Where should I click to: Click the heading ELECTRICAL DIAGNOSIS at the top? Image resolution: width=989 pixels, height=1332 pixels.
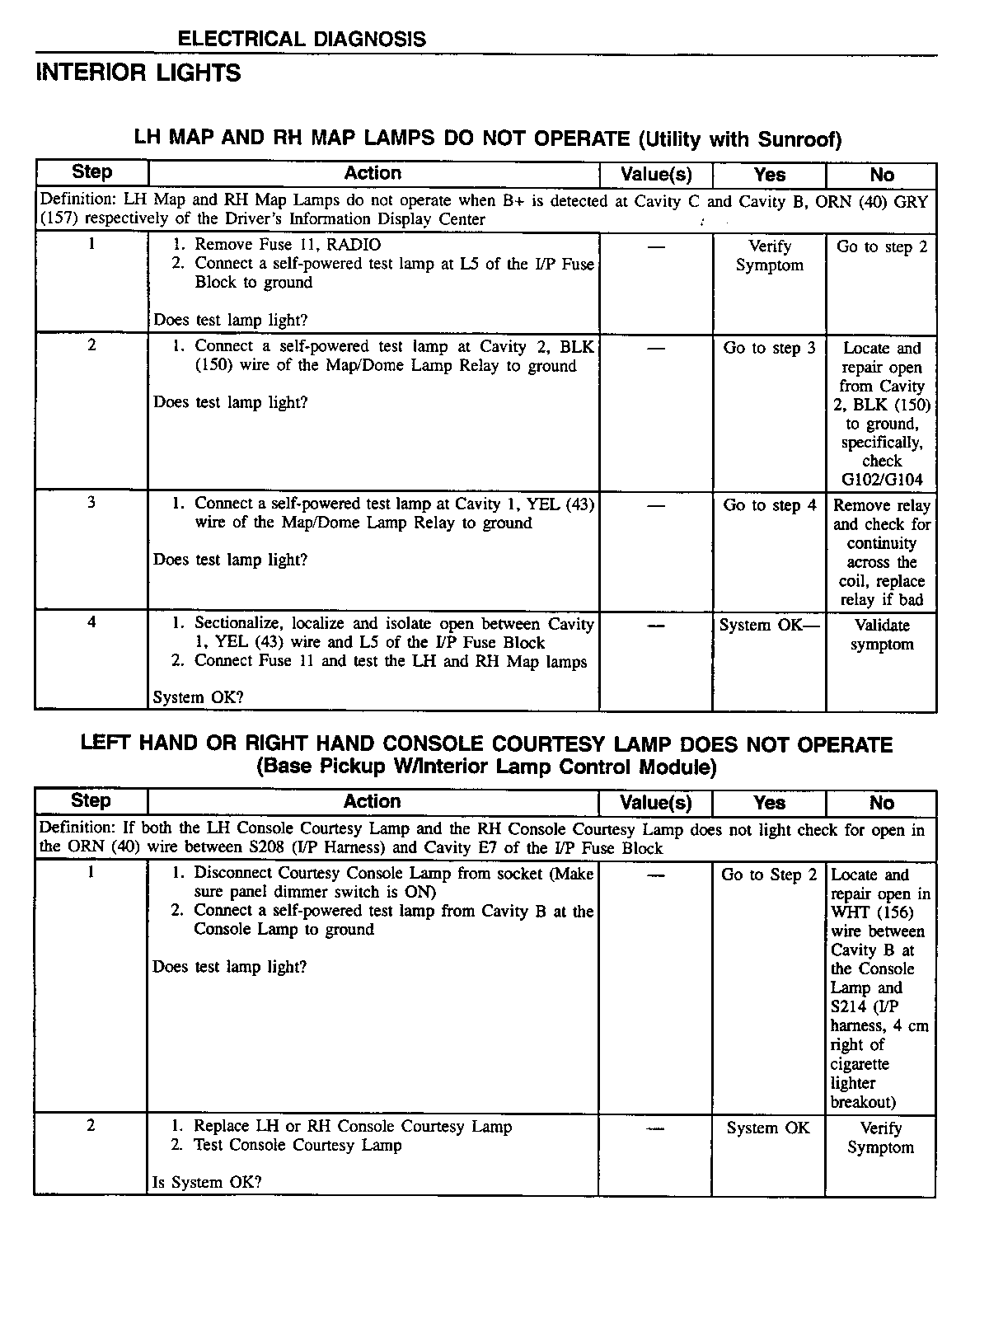point(302,39)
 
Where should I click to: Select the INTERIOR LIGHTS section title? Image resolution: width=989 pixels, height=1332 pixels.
point(138,73)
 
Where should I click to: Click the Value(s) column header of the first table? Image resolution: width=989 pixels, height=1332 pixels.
point(655,175)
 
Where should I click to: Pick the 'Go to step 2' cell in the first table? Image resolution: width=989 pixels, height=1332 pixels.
point(882,246)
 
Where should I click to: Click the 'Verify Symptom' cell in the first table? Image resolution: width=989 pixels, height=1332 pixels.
point(769,256)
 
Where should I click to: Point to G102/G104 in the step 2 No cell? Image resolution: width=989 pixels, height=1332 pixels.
point(882,480)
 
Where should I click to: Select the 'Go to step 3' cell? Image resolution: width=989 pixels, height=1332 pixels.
point(769,348)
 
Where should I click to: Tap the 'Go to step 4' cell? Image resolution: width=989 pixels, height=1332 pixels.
point(769,505)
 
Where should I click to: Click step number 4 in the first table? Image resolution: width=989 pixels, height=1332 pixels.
point(91,622)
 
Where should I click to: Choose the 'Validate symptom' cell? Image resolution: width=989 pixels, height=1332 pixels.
point(882,635)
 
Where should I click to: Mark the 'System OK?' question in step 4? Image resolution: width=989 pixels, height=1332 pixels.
point(198,697)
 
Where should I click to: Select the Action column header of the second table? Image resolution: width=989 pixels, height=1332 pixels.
point(373,802)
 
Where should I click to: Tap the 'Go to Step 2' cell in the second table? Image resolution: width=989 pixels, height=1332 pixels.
point(769,875)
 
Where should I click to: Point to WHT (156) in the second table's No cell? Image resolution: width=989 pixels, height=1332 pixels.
point(872,912)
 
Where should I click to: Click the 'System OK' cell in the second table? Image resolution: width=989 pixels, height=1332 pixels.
point(768,1128)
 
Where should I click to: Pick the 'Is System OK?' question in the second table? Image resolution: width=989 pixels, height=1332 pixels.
point(207,1182)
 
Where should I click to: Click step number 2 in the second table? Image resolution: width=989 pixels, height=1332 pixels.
point(91,1125)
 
